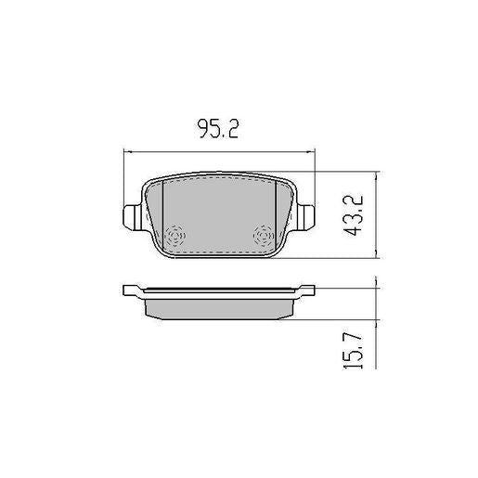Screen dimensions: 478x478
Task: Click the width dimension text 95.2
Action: [x=220, y=130]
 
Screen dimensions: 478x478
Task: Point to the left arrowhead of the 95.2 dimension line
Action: [x=128, y=152]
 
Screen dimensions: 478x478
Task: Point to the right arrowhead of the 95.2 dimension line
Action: [x=312, y=152]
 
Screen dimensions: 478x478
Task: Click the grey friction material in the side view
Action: [x=220, y=305]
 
